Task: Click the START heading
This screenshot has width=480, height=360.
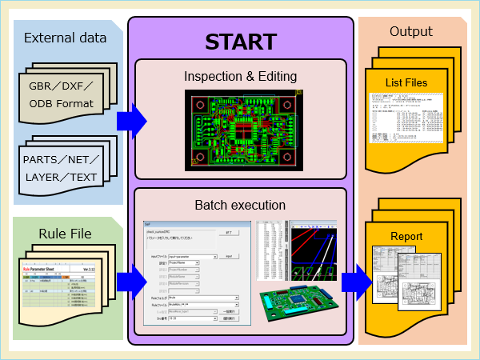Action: pyautogui.click(x=240, y=42)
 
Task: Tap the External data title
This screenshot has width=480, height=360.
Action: pyautogui.click(x=65, y=38)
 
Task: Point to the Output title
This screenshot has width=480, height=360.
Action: pyautogui.click(x=410, y=32)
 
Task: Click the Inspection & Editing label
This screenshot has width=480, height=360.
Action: pyautogui.click(x=240, y=77)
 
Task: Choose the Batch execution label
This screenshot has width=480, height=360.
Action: pyautogui.click(x=240, y=206)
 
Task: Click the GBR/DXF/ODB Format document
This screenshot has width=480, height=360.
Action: pyautogui.click(x=61, y=94)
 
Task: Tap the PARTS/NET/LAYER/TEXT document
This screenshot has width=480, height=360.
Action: pyautogui.click(x=61, y=168)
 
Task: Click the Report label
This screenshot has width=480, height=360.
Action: pyautogui.click(x=406, y=237)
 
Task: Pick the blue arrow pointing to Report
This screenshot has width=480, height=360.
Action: pyautogui.click(x=355, y=282)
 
